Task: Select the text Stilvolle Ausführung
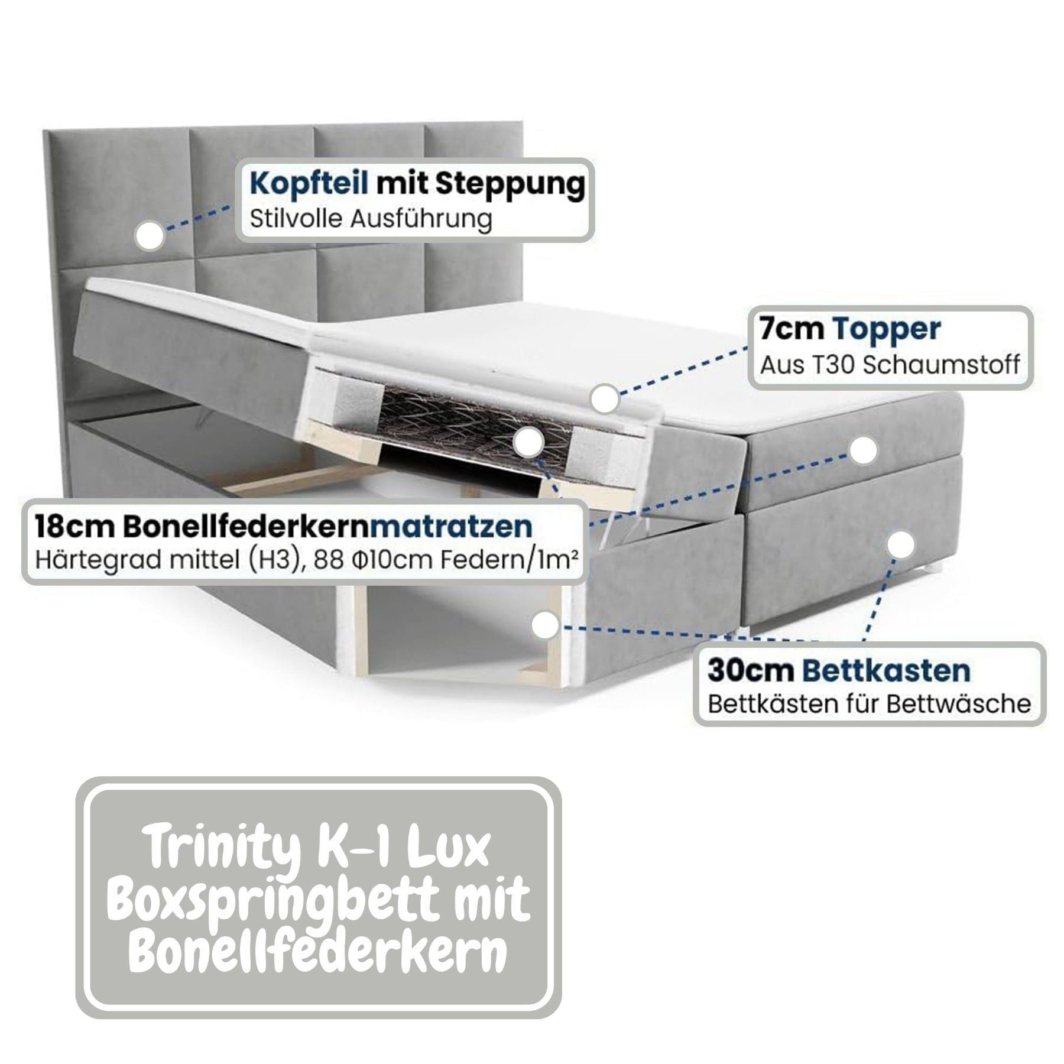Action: pyautogui.click(x=371, y=219)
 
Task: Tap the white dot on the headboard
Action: pyautogui.click(x=150, y=235)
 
